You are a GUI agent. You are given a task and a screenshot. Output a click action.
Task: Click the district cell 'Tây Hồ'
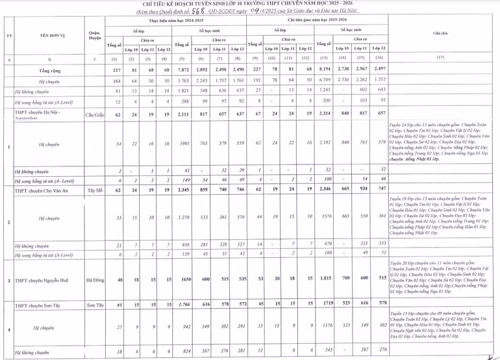coord(95,191)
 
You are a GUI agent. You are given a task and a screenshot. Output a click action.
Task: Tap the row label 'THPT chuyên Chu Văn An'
coord(45,191)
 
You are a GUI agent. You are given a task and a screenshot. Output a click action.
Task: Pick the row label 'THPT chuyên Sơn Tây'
coord(43,303)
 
